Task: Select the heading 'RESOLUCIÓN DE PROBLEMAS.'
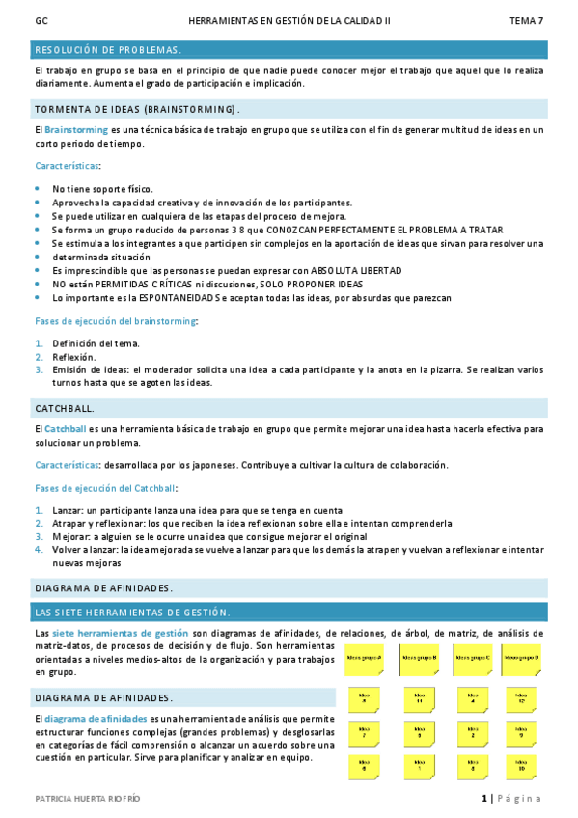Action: (x=107, y=50)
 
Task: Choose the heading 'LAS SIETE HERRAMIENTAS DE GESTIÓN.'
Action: (x=132, y=613)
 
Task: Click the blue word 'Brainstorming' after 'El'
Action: (x=76, y=129)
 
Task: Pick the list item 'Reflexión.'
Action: (x=74, y=357)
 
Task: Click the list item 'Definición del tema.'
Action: (x=96, y=343)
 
